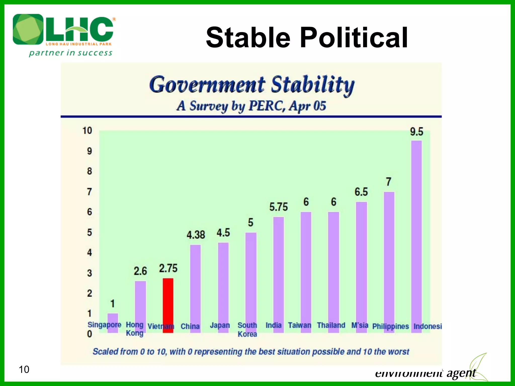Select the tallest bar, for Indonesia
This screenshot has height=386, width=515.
click(416, 236)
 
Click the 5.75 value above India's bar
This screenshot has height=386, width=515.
click(278, 207)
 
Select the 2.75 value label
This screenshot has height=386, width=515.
click(168, 268)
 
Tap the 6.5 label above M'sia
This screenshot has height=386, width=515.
click(361, 192)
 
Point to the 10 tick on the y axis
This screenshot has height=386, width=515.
click(87, 131)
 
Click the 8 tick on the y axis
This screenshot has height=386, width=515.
click(90, 171)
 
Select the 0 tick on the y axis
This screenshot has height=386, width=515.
click(90, 334)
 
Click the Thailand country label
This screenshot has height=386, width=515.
click(331, 325)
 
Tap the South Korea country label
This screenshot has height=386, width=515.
click(247, 329)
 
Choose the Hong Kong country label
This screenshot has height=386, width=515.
click(135, 329)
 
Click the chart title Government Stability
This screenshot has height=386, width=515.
click(251, 85)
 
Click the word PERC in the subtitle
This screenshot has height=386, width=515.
click(267, 106)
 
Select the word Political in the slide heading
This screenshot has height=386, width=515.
click(354, 38)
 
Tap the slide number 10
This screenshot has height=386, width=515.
click(24, 369)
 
